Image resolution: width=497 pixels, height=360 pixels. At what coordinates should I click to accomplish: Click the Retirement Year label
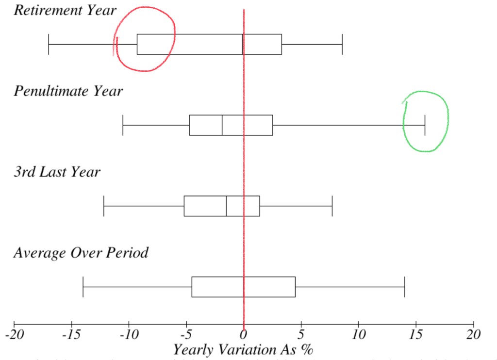(65, 10)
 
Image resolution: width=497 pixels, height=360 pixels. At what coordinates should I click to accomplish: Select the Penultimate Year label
(68, 91)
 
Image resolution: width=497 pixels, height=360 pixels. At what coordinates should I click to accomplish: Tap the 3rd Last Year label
(57, 172)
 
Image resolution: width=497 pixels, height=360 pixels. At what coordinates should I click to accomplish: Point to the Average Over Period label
(81, 252)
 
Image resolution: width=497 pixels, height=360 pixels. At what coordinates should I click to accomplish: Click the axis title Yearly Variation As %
(243, 349)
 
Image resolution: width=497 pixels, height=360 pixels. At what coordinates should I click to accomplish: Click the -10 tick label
(129, 335)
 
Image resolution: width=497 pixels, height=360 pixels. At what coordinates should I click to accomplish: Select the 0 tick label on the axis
(244, 335)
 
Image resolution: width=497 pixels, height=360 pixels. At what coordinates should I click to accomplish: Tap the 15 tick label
(416, 335)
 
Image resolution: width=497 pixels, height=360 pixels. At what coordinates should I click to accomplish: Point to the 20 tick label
(473, 335)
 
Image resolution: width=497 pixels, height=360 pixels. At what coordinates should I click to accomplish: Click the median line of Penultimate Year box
(222, 125)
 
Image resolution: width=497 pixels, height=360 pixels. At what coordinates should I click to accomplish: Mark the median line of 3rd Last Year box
(226, 206)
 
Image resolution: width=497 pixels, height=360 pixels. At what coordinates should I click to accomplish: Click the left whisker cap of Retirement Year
(49, 44)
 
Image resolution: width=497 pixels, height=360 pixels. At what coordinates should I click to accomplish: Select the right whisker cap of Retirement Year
(342, 44)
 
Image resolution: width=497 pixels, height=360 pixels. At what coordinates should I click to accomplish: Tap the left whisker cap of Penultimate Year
(123, 125)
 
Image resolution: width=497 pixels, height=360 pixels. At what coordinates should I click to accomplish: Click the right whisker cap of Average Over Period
(405, 287)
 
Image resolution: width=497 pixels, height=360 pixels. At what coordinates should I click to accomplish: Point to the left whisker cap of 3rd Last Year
(104, 206)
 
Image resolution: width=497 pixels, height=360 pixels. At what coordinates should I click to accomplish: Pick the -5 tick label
(186, 335)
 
